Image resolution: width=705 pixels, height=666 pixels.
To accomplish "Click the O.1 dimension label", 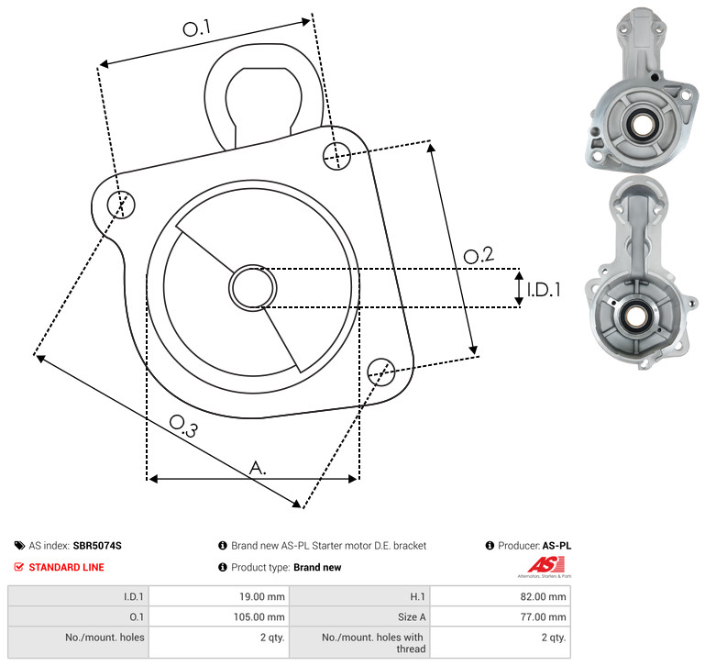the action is (197, 28).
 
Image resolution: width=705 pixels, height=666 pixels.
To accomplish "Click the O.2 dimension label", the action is (479, 255).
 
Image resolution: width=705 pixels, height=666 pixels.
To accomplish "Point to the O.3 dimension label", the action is (183, 426).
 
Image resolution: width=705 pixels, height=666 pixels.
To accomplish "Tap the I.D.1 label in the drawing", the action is (544, 290).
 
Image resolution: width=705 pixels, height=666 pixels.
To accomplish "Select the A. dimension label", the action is (258, 468).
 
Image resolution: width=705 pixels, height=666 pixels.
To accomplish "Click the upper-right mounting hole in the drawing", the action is (336, 156).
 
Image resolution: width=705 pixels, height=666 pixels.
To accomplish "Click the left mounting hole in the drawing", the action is (121, 205).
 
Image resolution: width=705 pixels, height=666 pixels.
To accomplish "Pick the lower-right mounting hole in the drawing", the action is (381, 372).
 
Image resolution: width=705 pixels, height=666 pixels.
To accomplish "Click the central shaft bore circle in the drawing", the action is (253, 288).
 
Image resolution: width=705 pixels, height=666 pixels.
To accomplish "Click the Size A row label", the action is (412, 617).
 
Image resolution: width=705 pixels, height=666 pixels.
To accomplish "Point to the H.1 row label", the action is (418, 596).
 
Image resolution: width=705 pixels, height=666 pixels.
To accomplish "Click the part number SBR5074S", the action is (97, 546).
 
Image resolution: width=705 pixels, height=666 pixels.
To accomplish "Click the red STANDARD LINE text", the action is (67, 568).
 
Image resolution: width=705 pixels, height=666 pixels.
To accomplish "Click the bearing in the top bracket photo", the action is (642, 124).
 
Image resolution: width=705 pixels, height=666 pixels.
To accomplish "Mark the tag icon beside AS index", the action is (19, 546).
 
